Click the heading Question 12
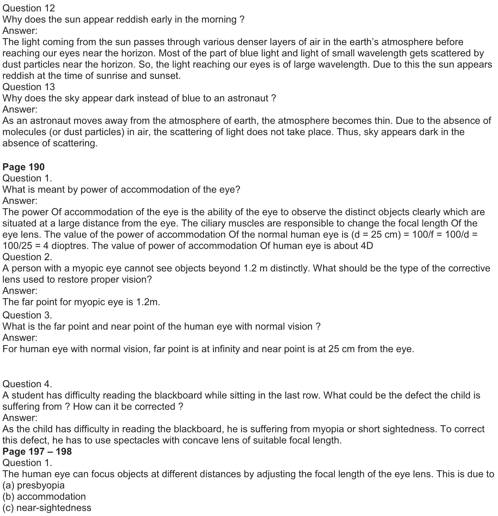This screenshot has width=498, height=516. click(29, 8)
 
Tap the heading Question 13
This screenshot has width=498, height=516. click(29, 87)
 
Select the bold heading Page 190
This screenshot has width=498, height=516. click(23, 167)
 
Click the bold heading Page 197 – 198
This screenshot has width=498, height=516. click(37, 451)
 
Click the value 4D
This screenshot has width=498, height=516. click(366, 246)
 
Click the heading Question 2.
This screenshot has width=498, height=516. click(27, 257)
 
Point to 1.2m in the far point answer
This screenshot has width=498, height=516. click(148, 302)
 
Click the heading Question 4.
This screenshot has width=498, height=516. click(27, 384)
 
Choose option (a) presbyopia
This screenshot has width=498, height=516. click(33, 485)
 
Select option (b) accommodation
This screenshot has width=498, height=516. click(44, 496)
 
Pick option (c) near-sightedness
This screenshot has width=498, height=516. click(47, 508)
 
